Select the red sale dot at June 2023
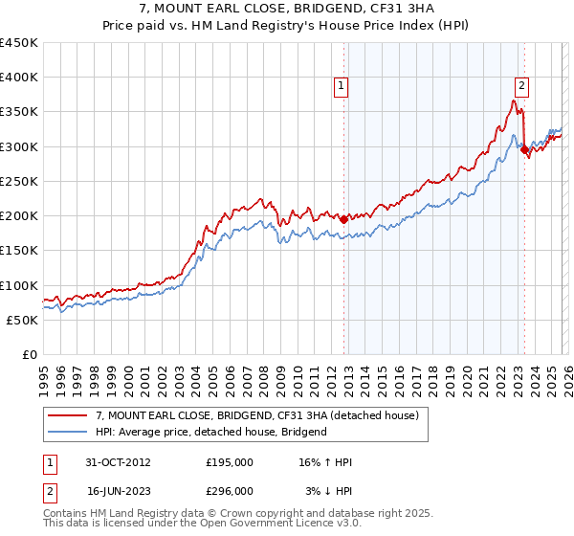[524, 149]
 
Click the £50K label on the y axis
[23, 320]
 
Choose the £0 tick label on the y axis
[30, 355]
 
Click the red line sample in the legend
[68, 415]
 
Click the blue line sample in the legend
[68, 432]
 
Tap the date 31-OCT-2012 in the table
[119, 462]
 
